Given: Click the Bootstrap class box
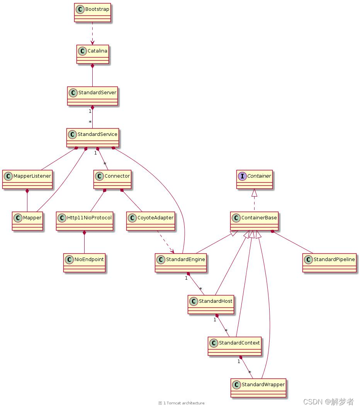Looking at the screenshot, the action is coord(92,13).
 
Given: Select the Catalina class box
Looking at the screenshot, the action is coord(92,54).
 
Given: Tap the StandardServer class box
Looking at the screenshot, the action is coord(92,96).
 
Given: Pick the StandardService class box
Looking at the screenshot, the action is coord(92,138).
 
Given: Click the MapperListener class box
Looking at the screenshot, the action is coord(27,179).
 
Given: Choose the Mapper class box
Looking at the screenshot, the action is coord(27,221).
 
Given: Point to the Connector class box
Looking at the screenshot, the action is coord(112,179).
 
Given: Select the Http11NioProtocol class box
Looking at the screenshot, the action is coord(85,221).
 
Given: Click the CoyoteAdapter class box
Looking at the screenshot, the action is coord(150,221).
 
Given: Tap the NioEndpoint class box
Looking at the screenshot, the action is coord(85,263).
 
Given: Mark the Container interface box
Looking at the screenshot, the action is coord(255,179).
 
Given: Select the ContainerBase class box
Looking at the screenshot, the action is coord(255,221).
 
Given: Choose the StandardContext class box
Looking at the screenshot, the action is coord(234,346).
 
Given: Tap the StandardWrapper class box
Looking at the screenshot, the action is coord(259,388).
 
